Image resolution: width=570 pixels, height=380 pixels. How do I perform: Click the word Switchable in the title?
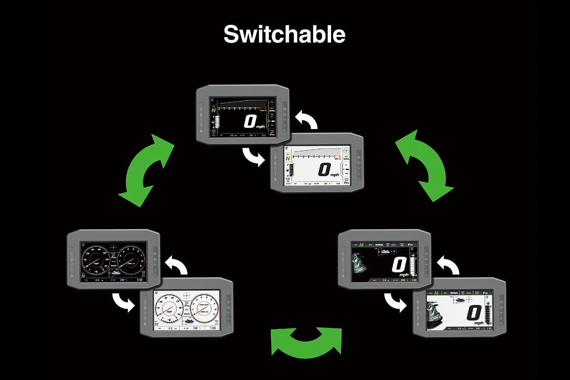pos(285,34)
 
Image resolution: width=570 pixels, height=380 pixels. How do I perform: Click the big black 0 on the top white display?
pos(324,169)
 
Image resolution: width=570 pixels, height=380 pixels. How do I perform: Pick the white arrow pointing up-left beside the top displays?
pos(306,121)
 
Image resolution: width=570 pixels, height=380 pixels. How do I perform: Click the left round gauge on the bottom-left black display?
pos(96,261)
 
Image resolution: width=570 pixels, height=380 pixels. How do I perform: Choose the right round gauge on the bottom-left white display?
pos(204,309)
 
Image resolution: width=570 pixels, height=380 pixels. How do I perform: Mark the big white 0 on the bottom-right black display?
pos(399,264)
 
